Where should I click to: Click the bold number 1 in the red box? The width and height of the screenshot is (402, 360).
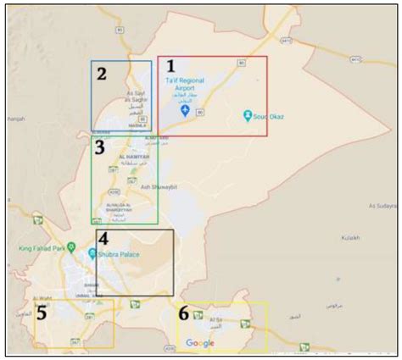(x=170, y=66)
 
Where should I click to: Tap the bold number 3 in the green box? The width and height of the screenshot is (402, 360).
(x=99, y=149)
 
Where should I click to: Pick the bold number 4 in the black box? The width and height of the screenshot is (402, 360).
(x=103, y=240)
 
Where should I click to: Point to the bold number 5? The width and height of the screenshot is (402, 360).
(x=40, y=313)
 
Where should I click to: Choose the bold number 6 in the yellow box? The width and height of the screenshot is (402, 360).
(x=184, y=313)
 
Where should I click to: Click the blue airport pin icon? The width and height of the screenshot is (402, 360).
(x=187, y=111)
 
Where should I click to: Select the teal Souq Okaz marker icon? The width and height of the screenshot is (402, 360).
(x=247, y=114)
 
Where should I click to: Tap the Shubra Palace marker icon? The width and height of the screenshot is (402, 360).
(x=91, y=252)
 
